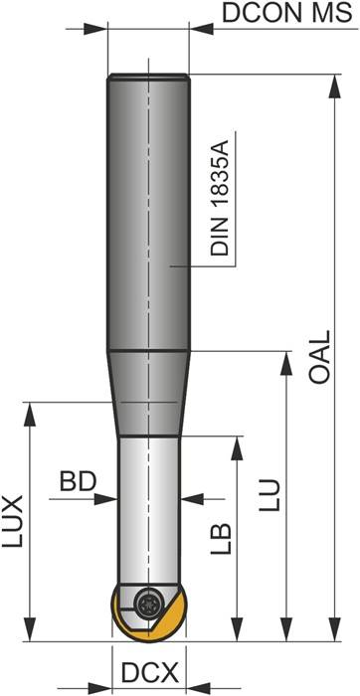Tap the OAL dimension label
[319, 357]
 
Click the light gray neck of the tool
[149, 507]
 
